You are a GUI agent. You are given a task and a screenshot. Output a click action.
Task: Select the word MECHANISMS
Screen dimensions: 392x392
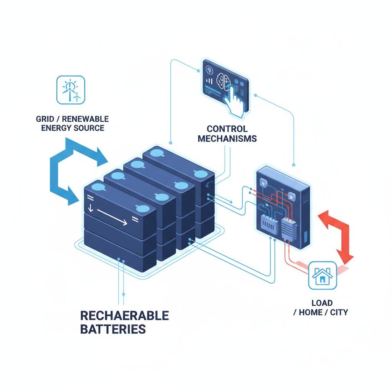(x=227, y=139)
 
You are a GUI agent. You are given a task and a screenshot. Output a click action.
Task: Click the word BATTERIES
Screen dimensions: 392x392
(x=113, y=329)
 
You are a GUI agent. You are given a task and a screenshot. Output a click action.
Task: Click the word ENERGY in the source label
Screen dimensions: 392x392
(x=55, y=128)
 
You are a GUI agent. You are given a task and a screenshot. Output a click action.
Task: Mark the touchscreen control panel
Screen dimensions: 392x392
(x=225, y=85)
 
